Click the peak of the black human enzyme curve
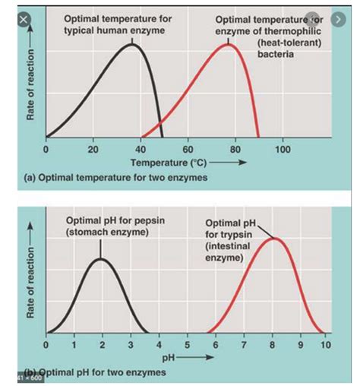131,45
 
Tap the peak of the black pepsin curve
102,259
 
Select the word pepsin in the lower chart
137,220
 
